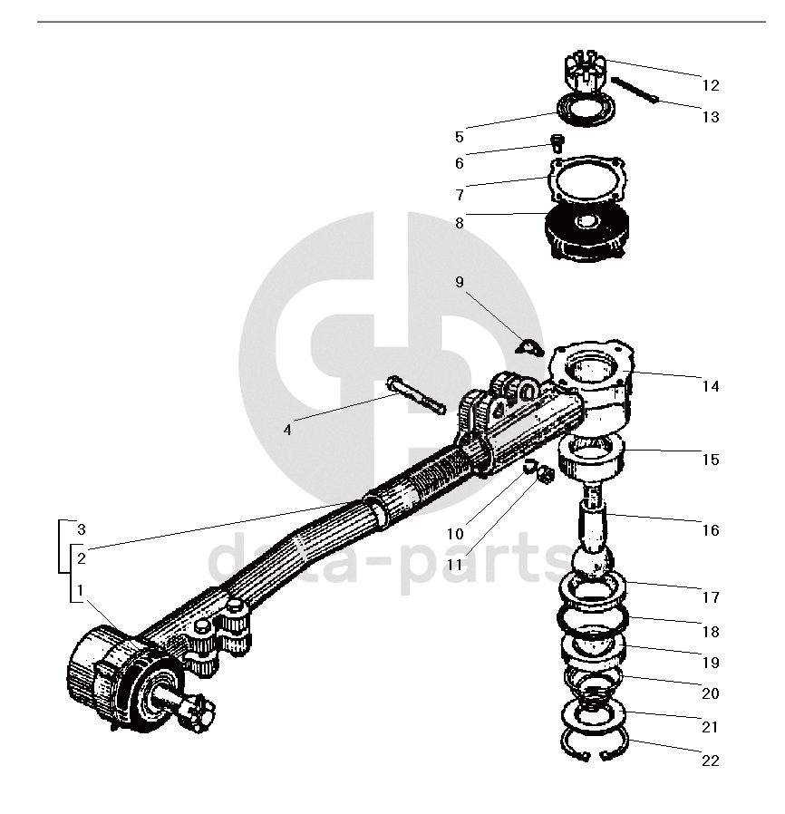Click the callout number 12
click(710, 85)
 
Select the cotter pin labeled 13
click(635, 91)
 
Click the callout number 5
click(460, 138)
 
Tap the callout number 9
click(460, 282)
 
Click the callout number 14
click(710, 386)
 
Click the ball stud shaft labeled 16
click(596, 526)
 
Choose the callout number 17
click(710, 597)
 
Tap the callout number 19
click(710, 663)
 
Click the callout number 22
click(710, 761)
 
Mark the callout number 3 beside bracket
click(81, 528)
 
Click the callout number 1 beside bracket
click(81, 590)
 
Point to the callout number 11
click(454, 564)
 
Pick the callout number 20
click(710, 693)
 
